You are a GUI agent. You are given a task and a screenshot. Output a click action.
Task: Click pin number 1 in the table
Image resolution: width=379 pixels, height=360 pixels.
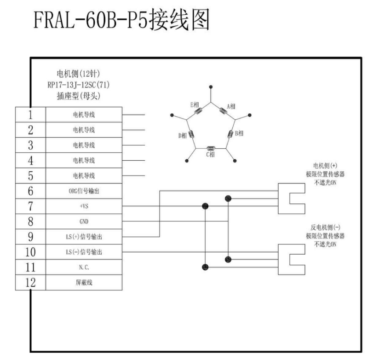click(30, 115)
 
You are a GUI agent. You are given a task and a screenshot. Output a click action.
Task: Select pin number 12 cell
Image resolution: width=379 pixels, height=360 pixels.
click(30, 282)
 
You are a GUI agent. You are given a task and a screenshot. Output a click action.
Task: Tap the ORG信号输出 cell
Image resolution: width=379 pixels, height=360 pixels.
click(84, 191)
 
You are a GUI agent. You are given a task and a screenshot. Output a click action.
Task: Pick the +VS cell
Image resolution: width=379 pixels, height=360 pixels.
click(84, 206)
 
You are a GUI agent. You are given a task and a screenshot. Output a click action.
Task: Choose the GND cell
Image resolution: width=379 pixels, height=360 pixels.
click(84, 221)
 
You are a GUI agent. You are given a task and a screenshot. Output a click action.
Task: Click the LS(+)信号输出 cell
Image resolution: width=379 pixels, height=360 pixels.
click(84, 237)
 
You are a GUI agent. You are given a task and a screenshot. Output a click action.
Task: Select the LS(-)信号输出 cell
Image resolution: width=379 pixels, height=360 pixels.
click(84, 252)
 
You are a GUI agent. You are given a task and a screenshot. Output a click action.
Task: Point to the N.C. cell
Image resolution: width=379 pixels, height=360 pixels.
click(84, 267)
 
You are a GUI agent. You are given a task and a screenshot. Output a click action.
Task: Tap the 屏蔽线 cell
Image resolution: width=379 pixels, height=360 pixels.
click(84, 282)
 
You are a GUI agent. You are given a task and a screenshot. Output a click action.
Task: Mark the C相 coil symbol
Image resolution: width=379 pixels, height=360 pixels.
click(211, 148)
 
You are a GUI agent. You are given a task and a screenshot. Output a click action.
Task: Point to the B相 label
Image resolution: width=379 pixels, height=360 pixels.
click(239, 134)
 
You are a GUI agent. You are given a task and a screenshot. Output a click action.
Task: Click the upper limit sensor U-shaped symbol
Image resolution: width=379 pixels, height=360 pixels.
click(292, 198)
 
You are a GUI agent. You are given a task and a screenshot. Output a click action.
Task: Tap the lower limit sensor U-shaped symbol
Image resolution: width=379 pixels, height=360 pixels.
click(292, 261)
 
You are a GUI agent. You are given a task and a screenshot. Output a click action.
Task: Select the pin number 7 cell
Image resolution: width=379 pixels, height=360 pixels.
click(30, 206)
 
